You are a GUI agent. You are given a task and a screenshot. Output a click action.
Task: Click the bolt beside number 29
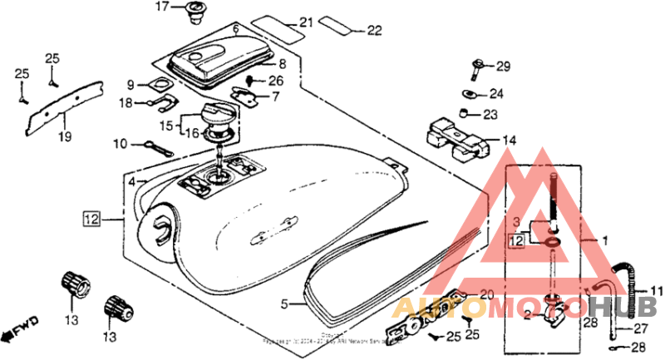tap(480, 66)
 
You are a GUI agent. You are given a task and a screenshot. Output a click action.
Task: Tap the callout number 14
tap(509, 141)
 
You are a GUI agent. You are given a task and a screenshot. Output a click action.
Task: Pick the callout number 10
tap(121, 144)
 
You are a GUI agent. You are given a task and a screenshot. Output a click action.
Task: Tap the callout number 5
tap(283, 305)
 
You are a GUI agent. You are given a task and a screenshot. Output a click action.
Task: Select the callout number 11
tap(657, 290)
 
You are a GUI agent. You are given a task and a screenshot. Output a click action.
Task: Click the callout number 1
tap(605, 239)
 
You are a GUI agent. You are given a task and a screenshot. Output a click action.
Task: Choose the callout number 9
tap(131, 85)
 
